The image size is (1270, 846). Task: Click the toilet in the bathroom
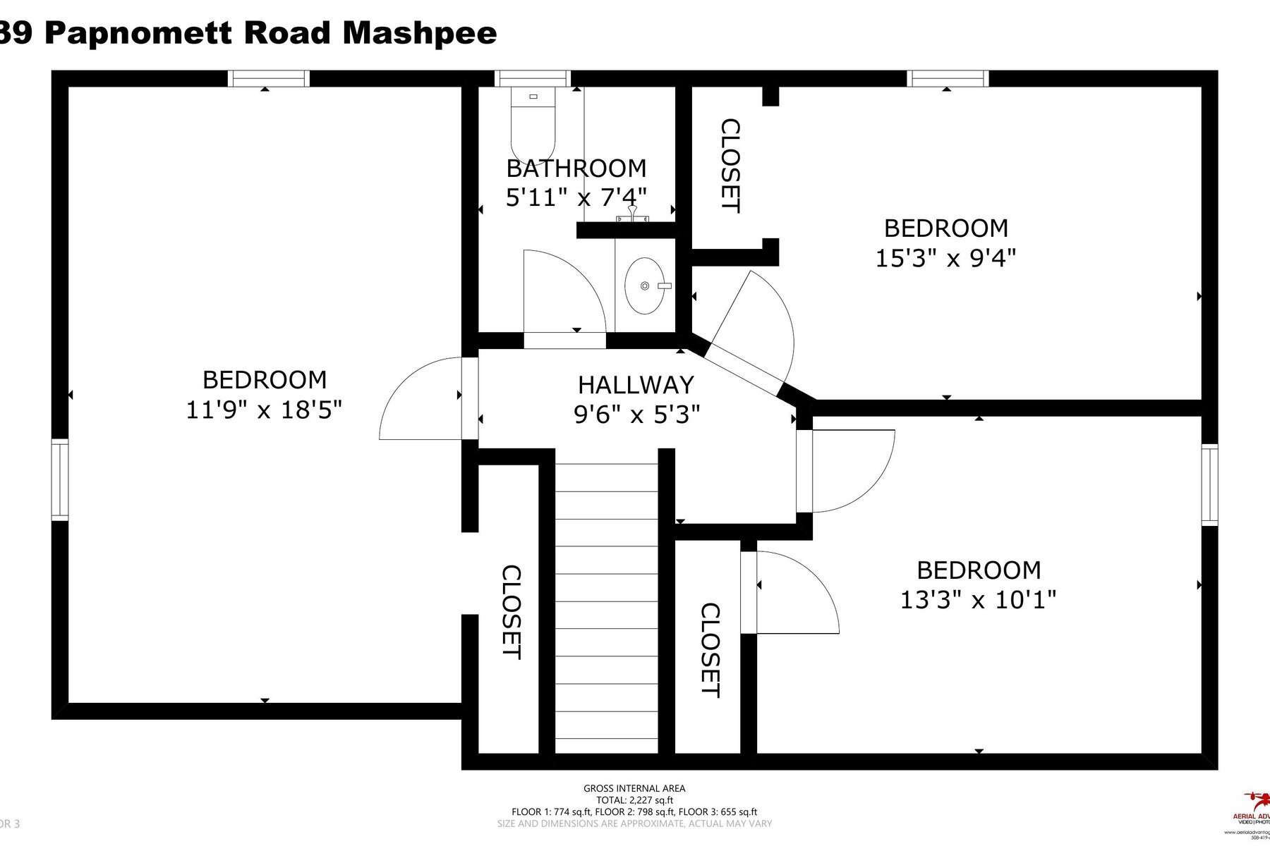coord(533,123)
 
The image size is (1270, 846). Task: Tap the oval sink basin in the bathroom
coord(644,286)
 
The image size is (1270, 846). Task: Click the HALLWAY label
coord(636,385)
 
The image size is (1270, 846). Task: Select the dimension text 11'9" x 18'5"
coord(264,410)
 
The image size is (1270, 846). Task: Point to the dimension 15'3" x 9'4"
coord(945,258)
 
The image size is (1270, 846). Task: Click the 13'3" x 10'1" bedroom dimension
coord(978,600)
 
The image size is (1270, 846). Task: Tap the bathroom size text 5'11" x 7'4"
coord(576,197)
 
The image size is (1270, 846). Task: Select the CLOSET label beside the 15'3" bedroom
coord(730,166)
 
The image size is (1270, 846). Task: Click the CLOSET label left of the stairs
coord(511,612)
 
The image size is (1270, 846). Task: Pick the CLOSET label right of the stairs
coord(710,650)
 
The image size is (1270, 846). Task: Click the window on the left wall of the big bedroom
coord(60,479)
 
